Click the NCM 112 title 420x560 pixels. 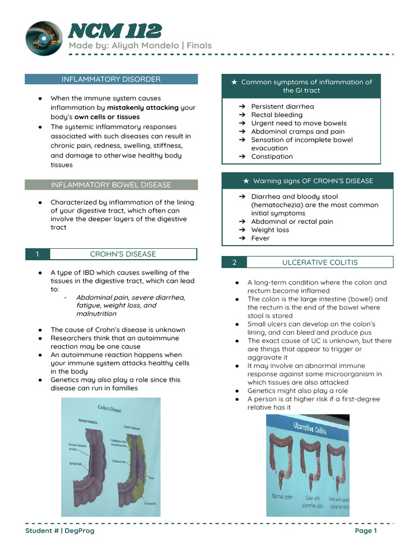pos(114,31)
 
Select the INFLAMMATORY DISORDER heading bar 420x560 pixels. pos(111,79)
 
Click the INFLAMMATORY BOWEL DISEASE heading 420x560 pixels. pos(111,185)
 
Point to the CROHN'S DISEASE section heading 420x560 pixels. pos(122,254)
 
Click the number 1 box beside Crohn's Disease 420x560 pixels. pos(37,254)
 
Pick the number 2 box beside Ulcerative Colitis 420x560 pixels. pos(234,262)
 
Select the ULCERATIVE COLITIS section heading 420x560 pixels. pos(320,262)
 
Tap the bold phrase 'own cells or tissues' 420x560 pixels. pos(107,117)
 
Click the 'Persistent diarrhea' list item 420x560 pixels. pos(282,107)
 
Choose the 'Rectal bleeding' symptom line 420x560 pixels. pos(277,115)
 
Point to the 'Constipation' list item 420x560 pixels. pos(272,156)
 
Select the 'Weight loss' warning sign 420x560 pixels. pos(270,230)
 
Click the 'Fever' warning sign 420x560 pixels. pos(260,238)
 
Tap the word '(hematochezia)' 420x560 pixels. pos(277,205)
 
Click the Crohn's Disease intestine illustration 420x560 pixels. pos(110,457)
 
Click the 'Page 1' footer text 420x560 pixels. pos(366,530)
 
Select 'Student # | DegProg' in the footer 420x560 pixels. pos(60,530)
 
